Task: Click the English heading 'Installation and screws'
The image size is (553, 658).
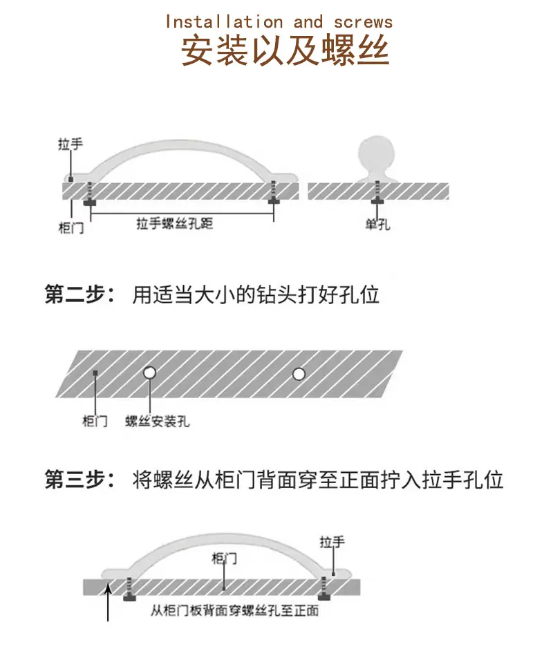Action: coord(279,22)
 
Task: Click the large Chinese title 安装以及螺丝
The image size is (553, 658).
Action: coord(285,50)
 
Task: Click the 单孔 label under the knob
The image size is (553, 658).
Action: coord(377,225)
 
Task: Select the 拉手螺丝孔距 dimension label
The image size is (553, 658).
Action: coord(175,223)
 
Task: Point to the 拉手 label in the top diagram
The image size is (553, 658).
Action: coord(70,144)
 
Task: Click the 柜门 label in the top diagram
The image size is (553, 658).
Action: coord(71,228)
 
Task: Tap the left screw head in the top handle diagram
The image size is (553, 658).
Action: coord(90,203)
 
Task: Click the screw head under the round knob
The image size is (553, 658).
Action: coord(377,202)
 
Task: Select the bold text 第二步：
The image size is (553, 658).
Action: coord(79,294)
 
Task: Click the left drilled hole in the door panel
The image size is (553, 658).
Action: coord(149,373)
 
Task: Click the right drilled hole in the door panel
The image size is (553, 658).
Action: coord(299,373)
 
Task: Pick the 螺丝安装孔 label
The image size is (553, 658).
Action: coord(158,421)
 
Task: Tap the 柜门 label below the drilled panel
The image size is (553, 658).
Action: coord(95,421)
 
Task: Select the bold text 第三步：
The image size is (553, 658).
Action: coord(79,480)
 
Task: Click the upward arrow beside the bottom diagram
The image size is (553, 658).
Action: coord(108,603)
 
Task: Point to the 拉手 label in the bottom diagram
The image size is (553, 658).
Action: coord(332,542)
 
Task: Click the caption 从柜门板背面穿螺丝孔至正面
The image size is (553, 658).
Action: coord(235,610)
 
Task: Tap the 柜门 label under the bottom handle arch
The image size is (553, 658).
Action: coord(224,558)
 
